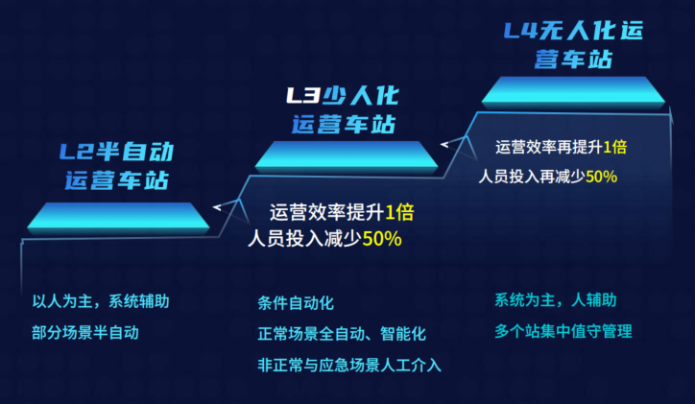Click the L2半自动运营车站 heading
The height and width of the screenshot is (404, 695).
pos(116,166)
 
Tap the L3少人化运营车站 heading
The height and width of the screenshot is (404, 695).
pos(343,109)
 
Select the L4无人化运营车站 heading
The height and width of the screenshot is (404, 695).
pos(573,45)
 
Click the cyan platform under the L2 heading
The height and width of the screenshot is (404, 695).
pos(118,217)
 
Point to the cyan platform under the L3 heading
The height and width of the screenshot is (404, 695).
pos(347,155)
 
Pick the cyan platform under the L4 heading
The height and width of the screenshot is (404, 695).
pos(573,91)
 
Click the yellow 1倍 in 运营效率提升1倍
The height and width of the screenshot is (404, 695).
pos(399,212)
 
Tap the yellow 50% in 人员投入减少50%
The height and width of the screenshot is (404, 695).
pos(382,239)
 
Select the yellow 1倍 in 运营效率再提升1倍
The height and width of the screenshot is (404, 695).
pos(615,147)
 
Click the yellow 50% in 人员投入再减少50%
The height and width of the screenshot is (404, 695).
pos(602,177)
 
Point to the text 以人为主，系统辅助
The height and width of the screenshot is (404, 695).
pos(101,301)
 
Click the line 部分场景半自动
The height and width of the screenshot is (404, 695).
pos(85,332)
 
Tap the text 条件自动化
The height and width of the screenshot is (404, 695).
pos(296,303)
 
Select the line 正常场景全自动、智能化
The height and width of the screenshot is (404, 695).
pos(342,334)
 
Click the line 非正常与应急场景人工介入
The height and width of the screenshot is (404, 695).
pos(349,366)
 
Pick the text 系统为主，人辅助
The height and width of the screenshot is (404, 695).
pos(556,300)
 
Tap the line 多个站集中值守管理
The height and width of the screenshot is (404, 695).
pos(563,331)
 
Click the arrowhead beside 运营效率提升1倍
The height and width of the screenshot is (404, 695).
pos(217,207)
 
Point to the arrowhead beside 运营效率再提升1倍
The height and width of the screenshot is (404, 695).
pos(444,144)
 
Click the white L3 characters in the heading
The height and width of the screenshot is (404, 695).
pos(303,96)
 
